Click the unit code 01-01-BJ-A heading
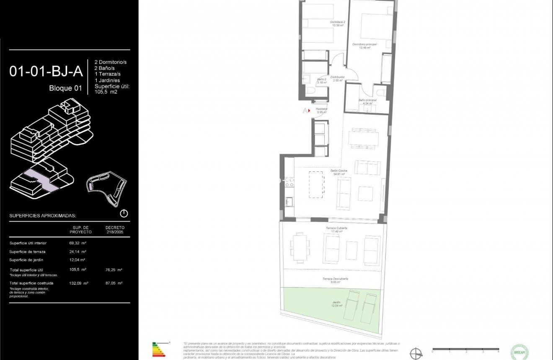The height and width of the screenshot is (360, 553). [46, 72]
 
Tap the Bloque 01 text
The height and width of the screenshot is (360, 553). [66, 88]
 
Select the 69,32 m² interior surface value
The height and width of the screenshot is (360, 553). [78, 243]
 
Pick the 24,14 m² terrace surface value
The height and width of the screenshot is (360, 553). [78, 251]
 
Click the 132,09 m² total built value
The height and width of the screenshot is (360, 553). [78, 283]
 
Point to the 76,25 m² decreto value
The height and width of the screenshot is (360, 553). [114, 270]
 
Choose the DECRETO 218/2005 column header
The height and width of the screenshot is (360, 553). [115, 229]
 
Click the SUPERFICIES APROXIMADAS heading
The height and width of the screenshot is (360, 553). [42, 216]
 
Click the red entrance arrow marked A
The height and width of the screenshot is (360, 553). [306, 111]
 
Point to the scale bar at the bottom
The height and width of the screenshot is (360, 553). [465, 349]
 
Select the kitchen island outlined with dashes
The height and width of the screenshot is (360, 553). [316, 184]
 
